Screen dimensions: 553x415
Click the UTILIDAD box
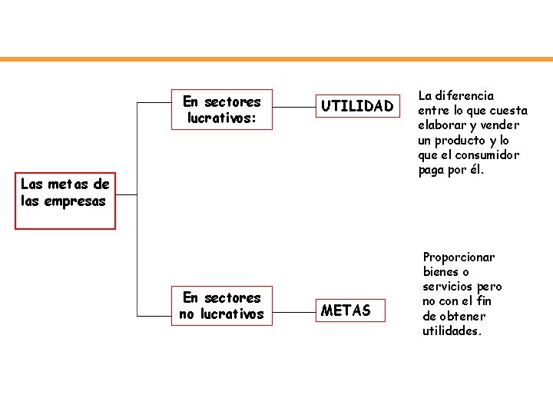[356, 106]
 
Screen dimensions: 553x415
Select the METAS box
[346, 310]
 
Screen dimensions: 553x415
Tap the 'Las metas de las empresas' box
[65, 201]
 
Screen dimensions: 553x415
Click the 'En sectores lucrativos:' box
[221, 109]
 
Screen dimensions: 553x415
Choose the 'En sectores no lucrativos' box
[221, 305]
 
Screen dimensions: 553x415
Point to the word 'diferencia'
[465, 96]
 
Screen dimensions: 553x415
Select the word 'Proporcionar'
[459, 257]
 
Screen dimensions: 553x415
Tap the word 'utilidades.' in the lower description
[452, 330]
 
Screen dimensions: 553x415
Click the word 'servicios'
[446, 287]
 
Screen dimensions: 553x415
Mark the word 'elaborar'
[442, 125]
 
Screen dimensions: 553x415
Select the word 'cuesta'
[508, 111]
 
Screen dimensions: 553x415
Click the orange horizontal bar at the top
[276, 59]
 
